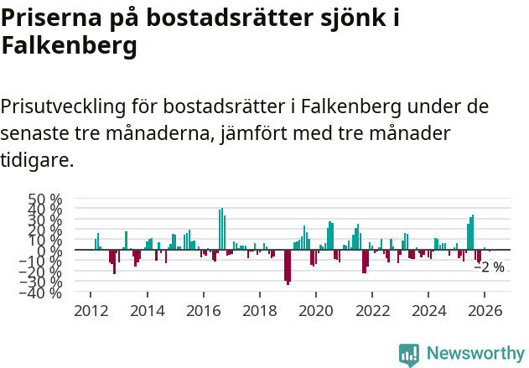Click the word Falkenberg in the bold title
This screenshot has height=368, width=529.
point(69,47)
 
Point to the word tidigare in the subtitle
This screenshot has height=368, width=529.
point(37,159)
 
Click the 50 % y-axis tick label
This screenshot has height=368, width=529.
point(45,200)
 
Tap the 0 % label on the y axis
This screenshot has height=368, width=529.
point(51,251)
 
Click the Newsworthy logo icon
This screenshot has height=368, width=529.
point(409,354)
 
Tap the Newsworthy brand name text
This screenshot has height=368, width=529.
point(475,354)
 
